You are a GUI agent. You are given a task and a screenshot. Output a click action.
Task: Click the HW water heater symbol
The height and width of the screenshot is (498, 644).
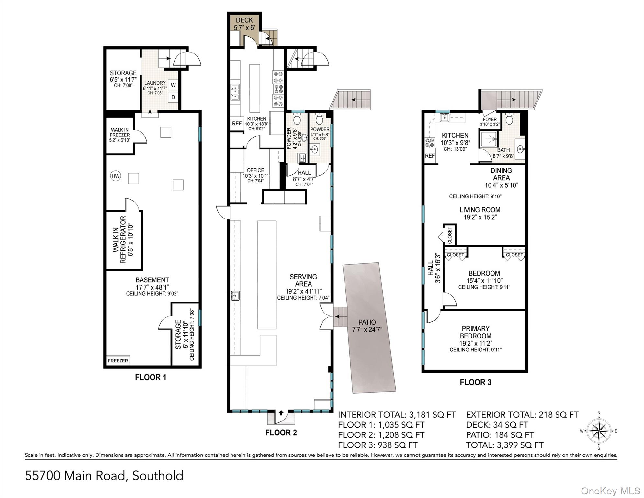116,176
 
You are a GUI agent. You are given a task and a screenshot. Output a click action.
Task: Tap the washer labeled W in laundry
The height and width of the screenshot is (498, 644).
173,85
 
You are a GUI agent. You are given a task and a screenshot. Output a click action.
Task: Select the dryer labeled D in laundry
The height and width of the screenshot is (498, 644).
173,97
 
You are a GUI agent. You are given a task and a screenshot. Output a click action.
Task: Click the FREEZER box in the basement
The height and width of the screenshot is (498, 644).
118,361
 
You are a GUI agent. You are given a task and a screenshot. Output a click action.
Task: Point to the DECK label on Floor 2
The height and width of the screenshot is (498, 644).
244,20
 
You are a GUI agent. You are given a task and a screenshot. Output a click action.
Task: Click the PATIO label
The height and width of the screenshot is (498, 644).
367,322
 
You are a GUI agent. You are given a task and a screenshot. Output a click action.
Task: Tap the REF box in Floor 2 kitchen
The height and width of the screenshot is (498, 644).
237,124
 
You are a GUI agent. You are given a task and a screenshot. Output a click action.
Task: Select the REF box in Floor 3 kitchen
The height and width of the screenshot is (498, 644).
430,156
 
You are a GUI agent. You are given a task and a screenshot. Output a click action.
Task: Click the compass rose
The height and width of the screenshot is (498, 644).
599,431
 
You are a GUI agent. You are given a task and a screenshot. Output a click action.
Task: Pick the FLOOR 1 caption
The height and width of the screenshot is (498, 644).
151,377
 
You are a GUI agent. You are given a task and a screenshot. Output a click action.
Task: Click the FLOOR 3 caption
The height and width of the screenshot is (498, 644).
475,382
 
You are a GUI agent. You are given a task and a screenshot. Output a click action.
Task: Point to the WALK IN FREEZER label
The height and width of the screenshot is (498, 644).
119,135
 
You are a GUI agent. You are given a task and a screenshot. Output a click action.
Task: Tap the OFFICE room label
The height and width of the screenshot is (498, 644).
255,170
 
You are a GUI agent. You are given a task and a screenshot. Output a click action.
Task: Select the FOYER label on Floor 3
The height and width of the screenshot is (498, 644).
490,120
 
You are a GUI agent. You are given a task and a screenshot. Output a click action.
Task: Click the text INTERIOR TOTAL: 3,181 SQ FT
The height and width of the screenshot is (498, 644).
397,415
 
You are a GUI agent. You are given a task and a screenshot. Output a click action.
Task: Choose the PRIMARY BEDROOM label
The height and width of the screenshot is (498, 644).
475,332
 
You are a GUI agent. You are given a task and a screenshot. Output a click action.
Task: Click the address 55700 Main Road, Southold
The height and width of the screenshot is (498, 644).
104,476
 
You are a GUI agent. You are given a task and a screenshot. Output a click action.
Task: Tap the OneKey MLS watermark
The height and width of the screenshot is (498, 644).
610,491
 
